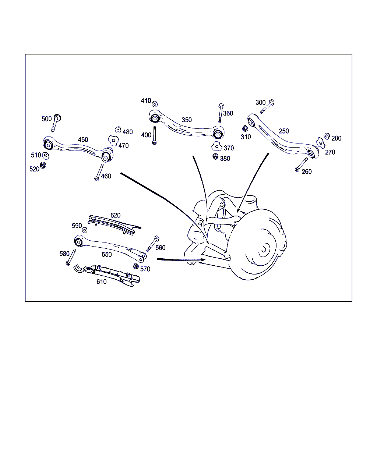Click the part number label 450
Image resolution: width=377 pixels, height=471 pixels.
pos(83,139)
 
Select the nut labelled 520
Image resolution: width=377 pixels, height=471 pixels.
pos(43,165)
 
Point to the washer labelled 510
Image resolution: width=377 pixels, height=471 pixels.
pos(46,156)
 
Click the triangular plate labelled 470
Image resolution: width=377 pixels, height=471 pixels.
pos(113,141)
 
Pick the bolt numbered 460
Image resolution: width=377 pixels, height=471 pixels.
pos(99,172)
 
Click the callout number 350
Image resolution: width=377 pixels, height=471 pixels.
pos(187,120)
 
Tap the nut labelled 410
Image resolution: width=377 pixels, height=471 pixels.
pos(155,103)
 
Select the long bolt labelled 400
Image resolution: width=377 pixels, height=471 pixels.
pos(154,135)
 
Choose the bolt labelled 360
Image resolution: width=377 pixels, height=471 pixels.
pos(221,113)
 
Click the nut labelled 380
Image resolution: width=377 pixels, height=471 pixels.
pos(215,156)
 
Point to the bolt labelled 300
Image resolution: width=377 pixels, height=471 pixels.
pos(267,106)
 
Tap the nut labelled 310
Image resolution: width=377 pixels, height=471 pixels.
pos(245,128)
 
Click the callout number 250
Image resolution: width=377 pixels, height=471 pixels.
pos(284,131)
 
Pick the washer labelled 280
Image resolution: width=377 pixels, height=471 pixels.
pos(327,136)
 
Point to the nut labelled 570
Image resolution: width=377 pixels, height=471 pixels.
pos(136,266)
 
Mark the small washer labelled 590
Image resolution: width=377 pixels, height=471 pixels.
pos(85,230)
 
